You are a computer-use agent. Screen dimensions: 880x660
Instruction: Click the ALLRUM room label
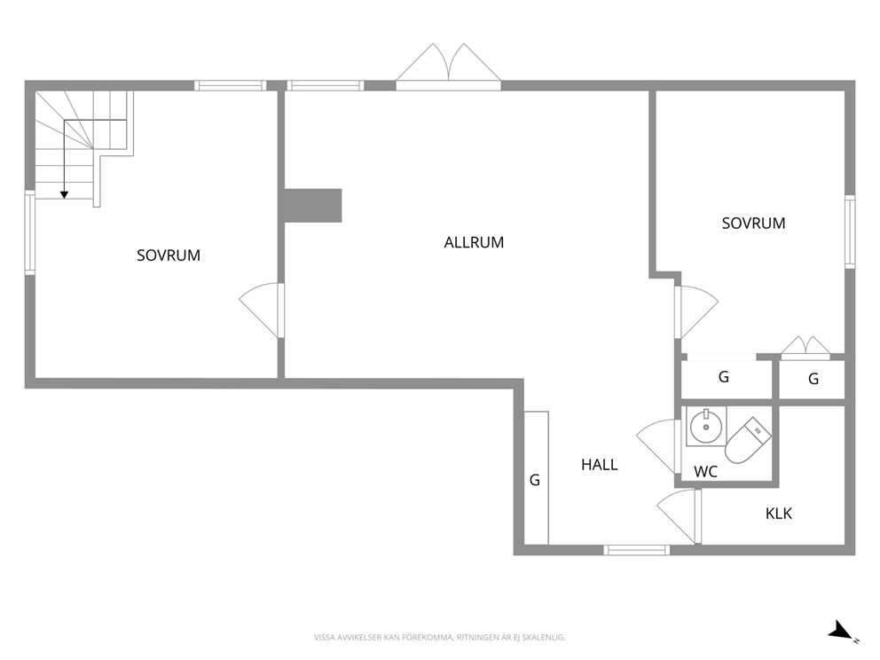tap(474, 242)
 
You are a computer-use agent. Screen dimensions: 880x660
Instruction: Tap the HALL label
tap(600, 465)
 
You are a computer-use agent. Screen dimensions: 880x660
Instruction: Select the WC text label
tap(705, 472)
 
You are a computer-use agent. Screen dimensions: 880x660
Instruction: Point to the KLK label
tap(778, 514)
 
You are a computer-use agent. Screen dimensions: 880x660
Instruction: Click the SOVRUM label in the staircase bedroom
tap(169, 255)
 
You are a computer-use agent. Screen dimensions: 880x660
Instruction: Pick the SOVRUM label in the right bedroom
tap(753, 224)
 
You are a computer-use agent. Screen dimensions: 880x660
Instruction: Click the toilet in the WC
tap(748, 440)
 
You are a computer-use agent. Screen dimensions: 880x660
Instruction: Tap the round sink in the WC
tap(706, 426)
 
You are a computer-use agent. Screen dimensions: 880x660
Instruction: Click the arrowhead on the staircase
tap(65, 195)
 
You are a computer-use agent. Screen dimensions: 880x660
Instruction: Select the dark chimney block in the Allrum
tap(312, 206)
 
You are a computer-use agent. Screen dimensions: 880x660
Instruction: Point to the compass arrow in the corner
tap(841, 630)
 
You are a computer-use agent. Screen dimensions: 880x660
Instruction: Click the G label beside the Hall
tap(535, 481)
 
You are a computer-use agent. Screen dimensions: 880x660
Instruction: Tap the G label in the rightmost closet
tap(813, 380)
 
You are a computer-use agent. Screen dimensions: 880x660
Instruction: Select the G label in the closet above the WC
tap(724, 377)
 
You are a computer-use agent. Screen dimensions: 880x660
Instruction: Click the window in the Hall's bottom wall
tap(636, 550)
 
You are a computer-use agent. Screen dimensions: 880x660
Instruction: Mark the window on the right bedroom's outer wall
tap(850, 232)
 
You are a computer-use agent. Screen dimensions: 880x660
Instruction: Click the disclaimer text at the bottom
tap(439, 638)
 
